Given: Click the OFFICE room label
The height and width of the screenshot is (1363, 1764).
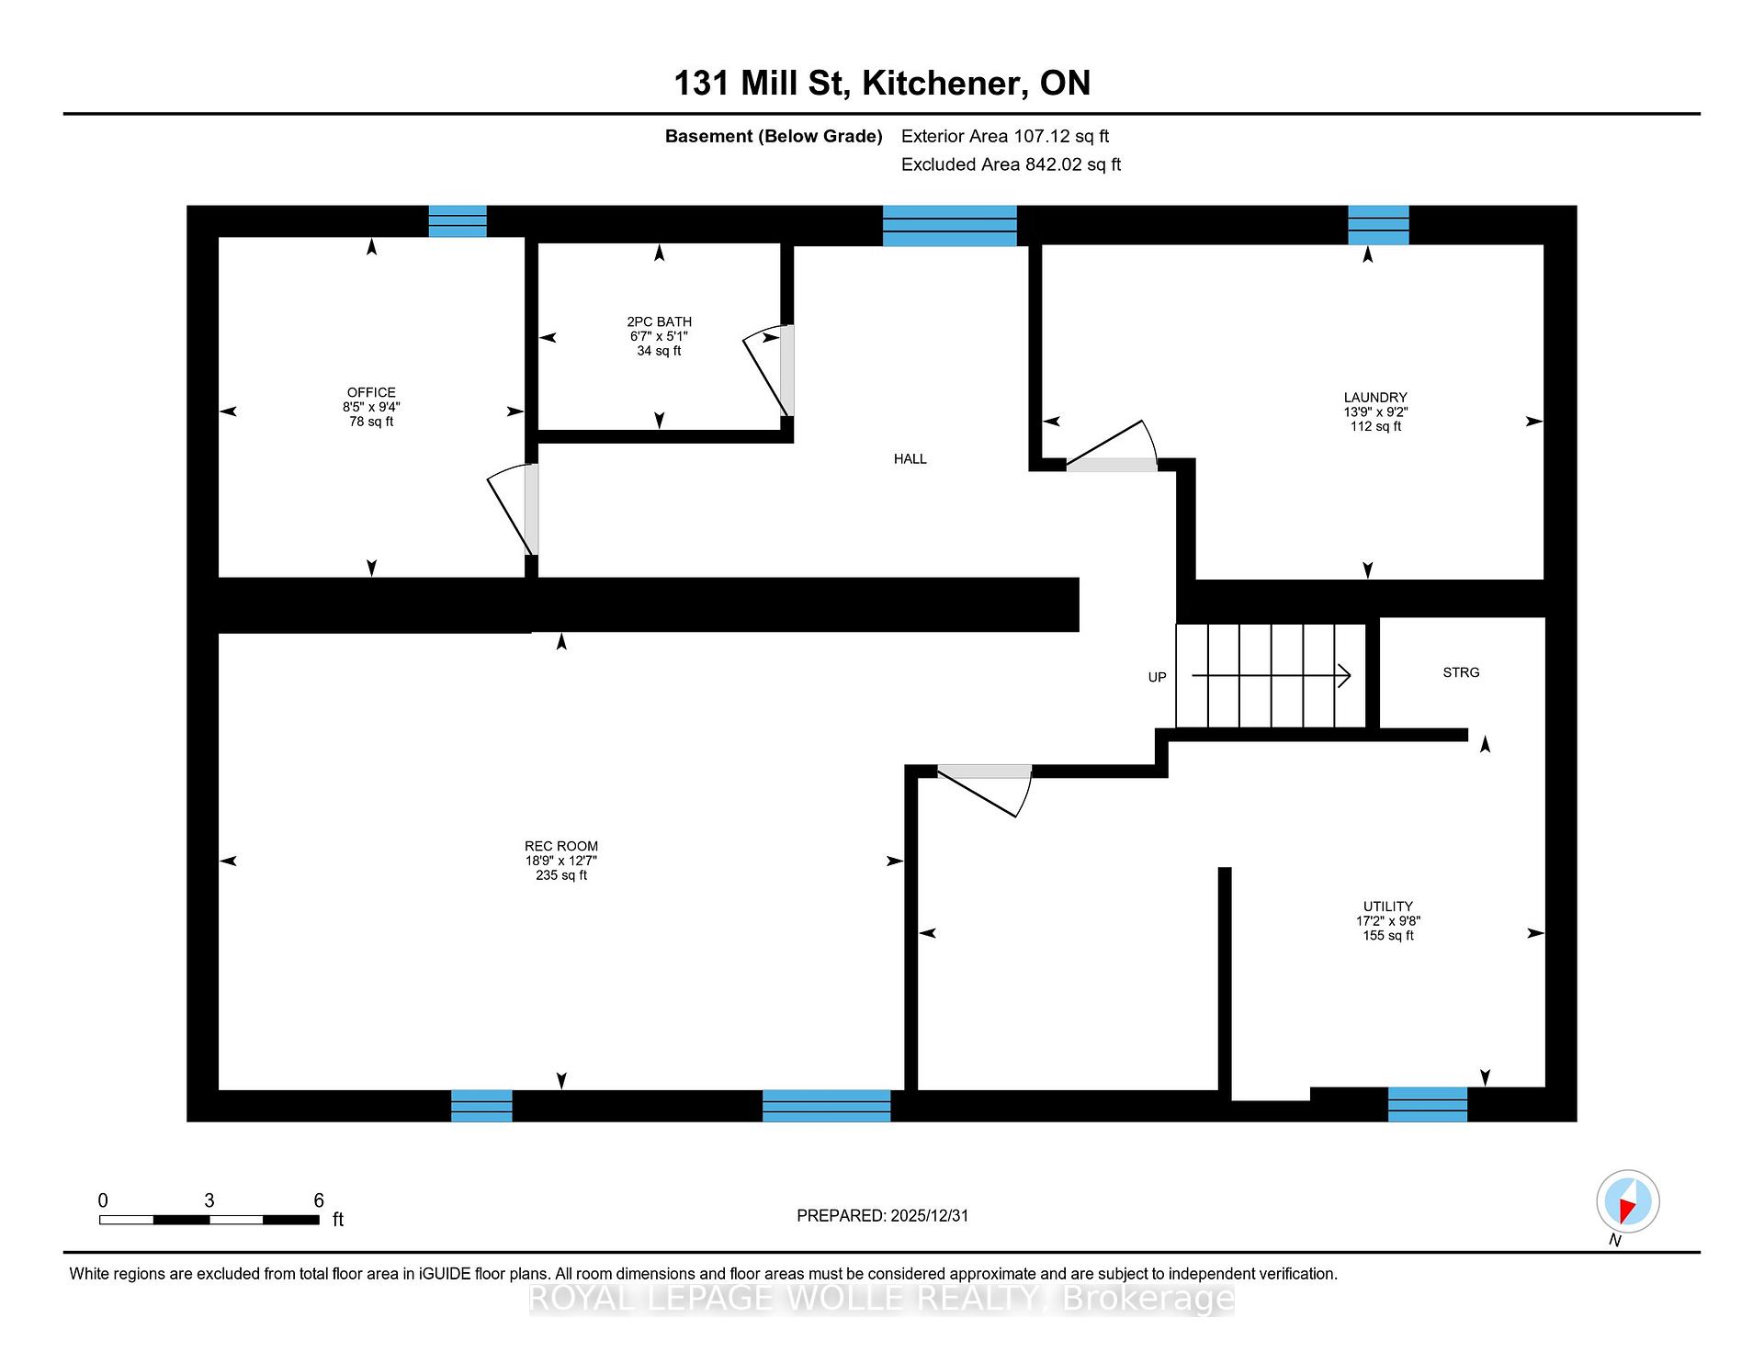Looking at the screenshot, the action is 371,392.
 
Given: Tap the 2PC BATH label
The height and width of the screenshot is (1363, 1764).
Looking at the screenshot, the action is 659,321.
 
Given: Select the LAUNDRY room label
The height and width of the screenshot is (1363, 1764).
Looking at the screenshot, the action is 1375,398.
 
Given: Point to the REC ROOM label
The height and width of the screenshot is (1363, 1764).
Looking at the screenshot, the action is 561,846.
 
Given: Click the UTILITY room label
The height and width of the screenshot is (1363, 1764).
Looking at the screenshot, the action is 1388,906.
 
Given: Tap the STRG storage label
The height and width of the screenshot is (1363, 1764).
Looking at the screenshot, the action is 1461,672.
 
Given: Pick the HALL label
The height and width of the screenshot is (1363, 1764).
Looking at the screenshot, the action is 910,458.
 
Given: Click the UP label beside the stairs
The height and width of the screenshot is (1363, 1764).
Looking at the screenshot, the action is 1157,677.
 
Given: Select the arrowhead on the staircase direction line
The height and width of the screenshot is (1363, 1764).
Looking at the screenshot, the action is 1344,676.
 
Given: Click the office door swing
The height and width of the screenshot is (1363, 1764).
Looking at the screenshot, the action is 508,510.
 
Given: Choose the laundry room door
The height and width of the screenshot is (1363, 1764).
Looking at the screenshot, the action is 1112,445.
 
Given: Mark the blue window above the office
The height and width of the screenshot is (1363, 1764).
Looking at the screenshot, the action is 458,221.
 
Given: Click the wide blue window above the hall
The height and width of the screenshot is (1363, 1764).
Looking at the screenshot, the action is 950,226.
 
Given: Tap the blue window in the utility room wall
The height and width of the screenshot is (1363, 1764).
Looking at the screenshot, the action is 1428,1104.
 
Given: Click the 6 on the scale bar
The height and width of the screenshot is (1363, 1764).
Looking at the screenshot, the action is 319,1200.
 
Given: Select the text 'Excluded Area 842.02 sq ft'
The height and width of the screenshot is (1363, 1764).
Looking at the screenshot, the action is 1011,164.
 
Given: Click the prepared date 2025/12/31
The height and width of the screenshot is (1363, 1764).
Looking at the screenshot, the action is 930,1215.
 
